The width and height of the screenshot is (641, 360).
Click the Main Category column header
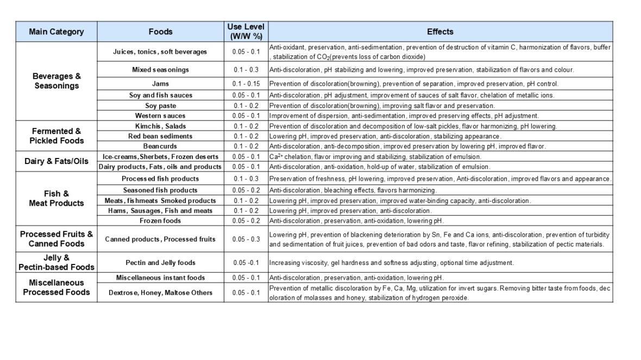tap(56, 31)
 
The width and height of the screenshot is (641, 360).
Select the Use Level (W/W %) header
tap(246, 31)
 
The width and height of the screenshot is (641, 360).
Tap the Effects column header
tap(440, 31)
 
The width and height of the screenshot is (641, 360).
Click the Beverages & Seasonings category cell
tap(56, 81)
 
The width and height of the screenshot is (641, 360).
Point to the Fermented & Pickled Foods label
tap(56, 136)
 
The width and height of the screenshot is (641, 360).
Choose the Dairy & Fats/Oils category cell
tap(56, 161)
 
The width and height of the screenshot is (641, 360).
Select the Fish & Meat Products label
tap(56, 198)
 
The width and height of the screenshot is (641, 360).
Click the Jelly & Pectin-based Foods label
tap(56, 262)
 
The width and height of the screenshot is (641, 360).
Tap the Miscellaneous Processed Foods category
tap(56, 287)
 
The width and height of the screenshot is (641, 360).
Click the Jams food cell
tap(160, 84)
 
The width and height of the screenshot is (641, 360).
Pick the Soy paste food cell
tap(160, 105)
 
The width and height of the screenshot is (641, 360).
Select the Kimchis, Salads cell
tap(160, 126)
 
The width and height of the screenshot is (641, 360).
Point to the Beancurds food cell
tap(160, 146)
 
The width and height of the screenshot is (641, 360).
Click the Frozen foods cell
tap(160, 220)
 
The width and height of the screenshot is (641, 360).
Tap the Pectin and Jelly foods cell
tap(160, 263)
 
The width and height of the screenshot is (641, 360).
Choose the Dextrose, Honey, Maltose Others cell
tap(160, 293)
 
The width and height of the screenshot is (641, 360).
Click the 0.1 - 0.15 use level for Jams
tap(246, 84)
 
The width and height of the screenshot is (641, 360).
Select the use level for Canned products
tap(246, 239)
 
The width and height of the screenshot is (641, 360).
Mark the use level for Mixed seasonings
tap(246, 70)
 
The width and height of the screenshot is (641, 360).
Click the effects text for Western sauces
tap(404, 116)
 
